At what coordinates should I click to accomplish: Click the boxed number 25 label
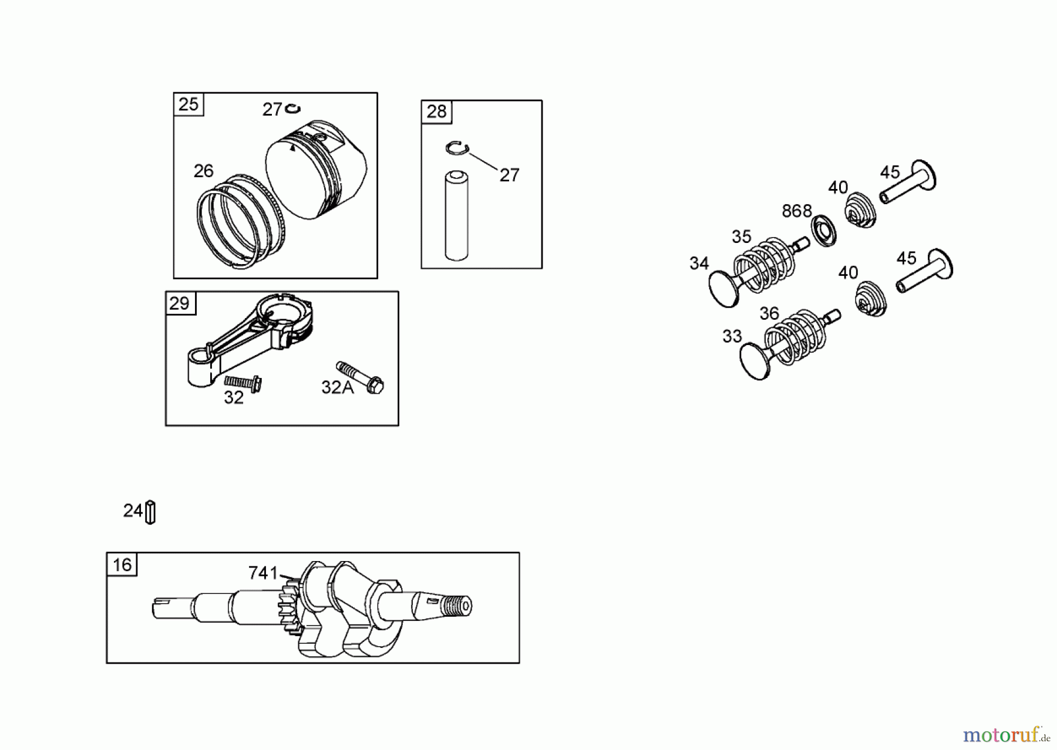(x=188, y=104)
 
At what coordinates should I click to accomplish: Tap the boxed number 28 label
(x=436, y=112)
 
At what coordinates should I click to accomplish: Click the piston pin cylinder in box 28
(x=456, y=215)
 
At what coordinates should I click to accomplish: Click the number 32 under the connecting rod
(x=234, y=398)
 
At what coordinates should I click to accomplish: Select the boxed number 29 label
(x=180, y=303)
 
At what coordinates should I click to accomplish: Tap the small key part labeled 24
(x=150, y=512)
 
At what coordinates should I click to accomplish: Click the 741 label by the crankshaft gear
(x=262, y=573)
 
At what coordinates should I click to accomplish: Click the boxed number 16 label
(x=122, y=565)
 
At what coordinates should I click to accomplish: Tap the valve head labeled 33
(x=755, y=361)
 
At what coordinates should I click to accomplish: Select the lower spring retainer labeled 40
(x=870, y=298)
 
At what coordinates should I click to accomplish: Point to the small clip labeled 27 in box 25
(x=292, y=109)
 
